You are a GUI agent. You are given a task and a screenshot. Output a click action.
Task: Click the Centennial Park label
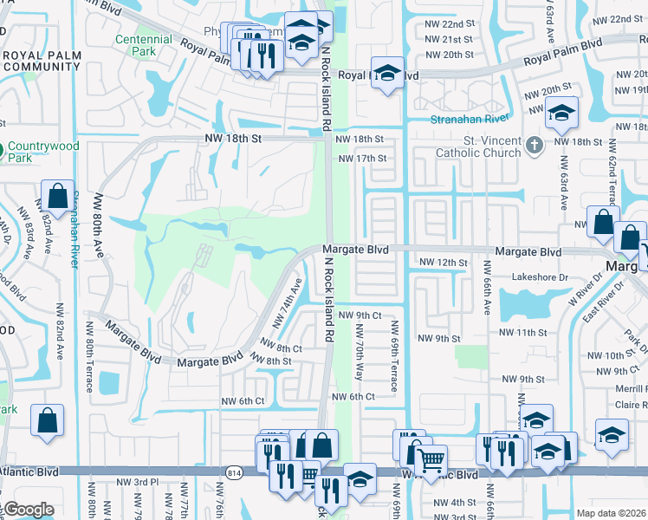tap(143, 46)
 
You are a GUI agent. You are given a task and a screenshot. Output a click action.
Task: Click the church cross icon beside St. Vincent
tap(535, 143)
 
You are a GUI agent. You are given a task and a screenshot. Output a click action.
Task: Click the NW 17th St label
tap(362, 159)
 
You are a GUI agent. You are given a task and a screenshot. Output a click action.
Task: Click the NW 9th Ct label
tap(359, 315)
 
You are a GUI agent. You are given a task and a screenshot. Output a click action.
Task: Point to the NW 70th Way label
tap(358, 355)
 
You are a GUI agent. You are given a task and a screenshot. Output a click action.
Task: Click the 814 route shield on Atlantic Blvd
tap(237, 471)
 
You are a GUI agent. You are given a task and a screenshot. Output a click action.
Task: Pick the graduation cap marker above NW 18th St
tap(561, 112)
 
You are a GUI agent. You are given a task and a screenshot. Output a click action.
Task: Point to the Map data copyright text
tap(612, 513)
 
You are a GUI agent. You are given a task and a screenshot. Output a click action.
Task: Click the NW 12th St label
tap(443, 262)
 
